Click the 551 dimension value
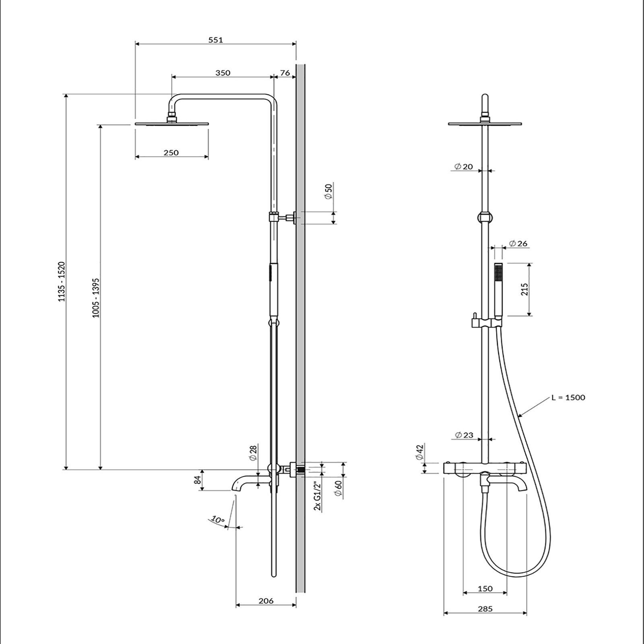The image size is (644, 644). pyautogui.click(x=216, y=40)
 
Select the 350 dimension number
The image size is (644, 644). pyautogui.click(x=223, y=73)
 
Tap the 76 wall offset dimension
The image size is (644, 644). pyautogui.click(x=285, y=73)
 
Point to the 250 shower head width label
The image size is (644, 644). pyautogui.click(x=171, y=153)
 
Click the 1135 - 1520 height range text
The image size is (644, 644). pyautogui.click(x=62, y=281)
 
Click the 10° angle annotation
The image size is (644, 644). pyautogui.click(x=218, y=520)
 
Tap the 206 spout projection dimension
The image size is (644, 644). pyautogui.click(x=266, y=601)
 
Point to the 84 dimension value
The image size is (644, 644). pyautogui.click(x=197, y=480)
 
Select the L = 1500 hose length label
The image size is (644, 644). pyautogui.click(x=568, y=398)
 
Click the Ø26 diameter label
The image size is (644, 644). pyautogui.click(x=518, y=244)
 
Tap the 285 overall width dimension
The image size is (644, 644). pyautogui.click(x=485, y=620)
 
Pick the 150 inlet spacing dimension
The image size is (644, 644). pyautogui.click(x=485, y=589)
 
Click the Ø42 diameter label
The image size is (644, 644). pyautogui.click(x=420, y=452)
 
